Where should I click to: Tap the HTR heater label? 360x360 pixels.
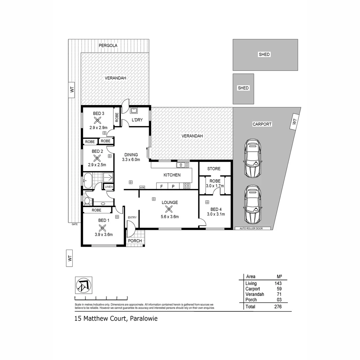[x=142, y=188]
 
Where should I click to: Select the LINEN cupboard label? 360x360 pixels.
[x=109, y=187]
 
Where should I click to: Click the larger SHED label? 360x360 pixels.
[x=264, y=54]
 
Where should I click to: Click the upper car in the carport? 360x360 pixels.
[x=252, y=158]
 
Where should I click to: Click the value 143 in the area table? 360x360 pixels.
[x=278, y=283]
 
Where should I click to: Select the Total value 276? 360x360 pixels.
[x=278, y=306]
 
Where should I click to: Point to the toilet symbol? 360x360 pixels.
[x=87, y=201]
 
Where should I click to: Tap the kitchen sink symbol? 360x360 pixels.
[x=182, y=164]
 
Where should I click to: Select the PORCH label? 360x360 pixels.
[x=135, y=241]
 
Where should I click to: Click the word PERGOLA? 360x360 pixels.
[x=108, y=45]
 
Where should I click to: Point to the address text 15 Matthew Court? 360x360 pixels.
[x=100, y=318]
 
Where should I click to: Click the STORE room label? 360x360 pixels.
[x=214, y=169]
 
